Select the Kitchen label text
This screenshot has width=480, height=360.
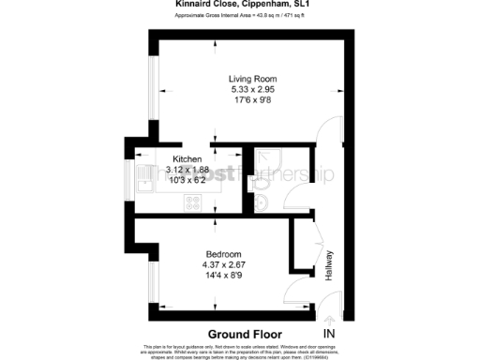pos(175,158)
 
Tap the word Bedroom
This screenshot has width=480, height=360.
pos(224,254)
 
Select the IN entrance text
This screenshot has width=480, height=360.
pos(328,334)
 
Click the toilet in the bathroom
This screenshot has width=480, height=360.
pos(261,202)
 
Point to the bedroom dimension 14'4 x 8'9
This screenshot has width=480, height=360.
pos(224,276)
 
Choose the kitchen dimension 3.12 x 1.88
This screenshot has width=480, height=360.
pos(175,169)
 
